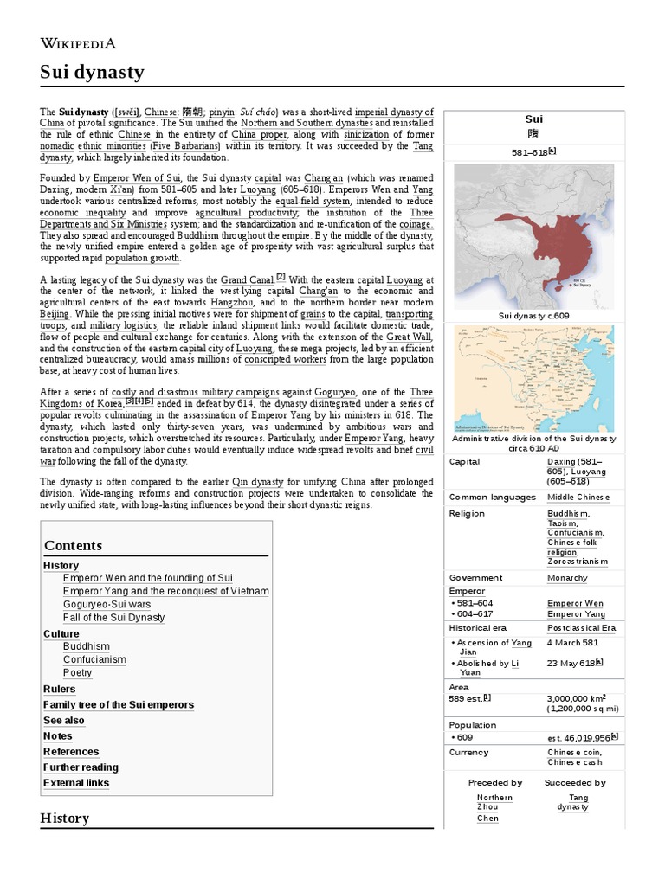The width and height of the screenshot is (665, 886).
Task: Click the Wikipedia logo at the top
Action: click(x=78, y=43)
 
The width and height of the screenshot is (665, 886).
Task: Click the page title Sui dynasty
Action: click(x=92, y=72)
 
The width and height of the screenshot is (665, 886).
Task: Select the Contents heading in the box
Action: click(x=73, y=545)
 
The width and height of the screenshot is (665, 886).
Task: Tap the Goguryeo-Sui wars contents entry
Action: click(x=107, y=604)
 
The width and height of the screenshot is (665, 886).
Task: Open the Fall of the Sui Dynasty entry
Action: click(x=113, y=618)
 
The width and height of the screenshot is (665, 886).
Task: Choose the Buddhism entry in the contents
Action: click(x=87, y=646)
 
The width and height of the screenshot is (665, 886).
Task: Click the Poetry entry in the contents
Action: click(x=77, y=672)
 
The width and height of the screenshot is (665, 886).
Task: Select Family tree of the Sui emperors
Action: click(x=119, y=705)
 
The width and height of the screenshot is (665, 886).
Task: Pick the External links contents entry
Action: click(x=76, y=783)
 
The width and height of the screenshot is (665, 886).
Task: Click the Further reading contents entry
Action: click(x=81, y=767)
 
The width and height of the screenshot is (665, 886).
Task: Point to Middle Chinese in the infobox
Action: click(x=578, y=498)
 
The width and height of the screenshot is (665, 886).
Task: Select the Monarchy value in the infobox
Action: click(x=567, y=578)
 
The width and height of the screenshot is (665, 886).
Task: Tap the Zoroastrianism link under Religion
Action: click(x=578, y=562)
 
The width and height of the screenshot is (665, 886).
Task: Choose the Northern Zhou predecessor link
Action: click(x=494, y=802)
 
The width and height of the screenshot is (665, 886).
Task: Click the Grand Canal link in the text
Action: click(x=247, y=280)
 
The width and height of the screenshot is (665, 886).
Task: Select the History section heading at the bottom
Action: click(x=65, y=818)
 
